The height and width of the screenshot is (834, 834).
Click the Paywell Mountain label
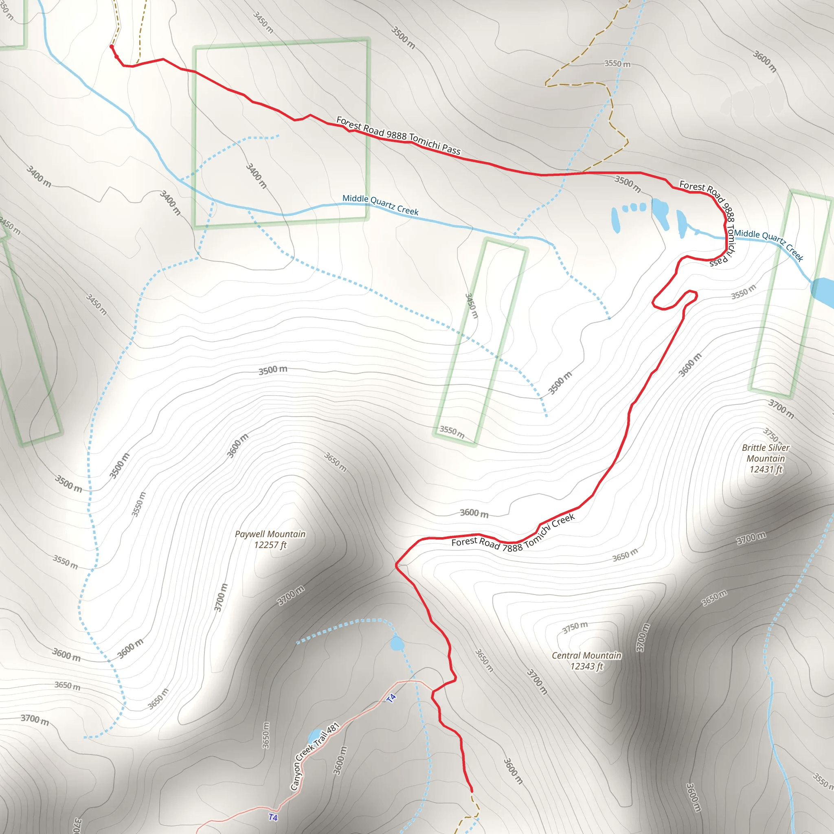click(270, 534)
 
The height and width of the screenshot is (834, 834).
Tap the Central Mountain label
click(586, 655)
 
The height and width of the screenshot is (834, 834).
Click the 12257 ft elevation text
click(270, 545)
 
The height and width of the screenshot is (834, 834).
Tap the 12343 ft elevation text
click(586, 667)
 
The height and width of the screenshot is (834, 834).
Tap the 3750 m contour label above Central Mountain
click(575, 627)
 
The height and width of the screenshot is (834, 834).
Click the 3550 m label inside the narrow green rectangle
click(452, 432)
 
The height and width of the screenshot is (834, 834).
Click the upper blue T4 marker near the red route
click(391, 698)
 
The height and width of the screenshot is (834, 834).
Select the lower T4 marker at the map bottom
click(273, 817)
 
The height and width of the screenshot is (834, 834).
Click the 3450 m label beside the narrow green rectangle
click(472, 306)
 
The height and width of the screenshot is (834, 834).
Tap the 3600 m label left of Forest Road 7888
click(474, 513)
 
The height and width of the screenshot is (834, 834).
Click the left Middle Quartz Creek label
click(380, 204)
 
